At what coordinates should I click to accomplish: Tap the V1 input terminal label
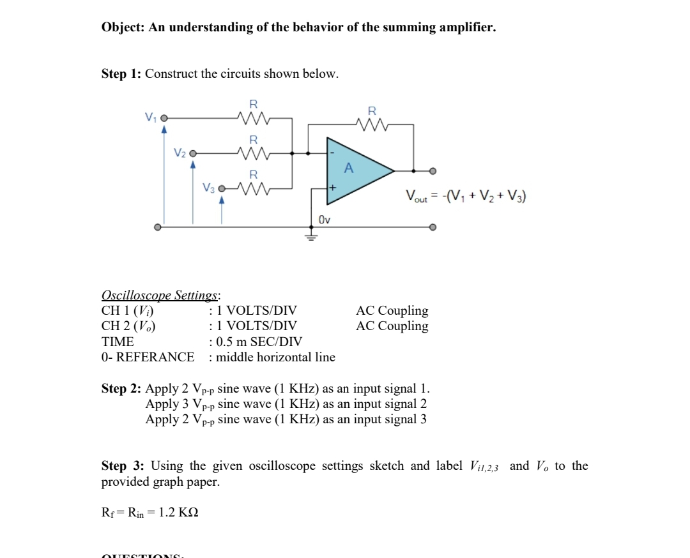(150, 117)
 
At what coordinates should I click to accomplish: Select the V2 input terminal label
(180, 153)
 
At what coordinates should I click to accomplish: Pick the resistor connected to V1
(253, 118)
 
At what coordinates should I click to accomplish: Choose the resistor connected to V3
(253, 189)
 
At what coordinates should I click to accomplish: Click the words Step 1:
(121, 74)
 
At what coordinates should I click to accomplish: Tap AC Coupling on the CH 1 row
(392, 311)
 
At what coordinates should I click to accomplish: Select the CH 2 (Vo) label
(128, 326)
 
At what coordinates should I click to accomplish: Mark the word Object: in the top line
(124, 28)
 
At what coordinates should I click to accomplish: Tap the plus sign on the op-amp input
(332, 188)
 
